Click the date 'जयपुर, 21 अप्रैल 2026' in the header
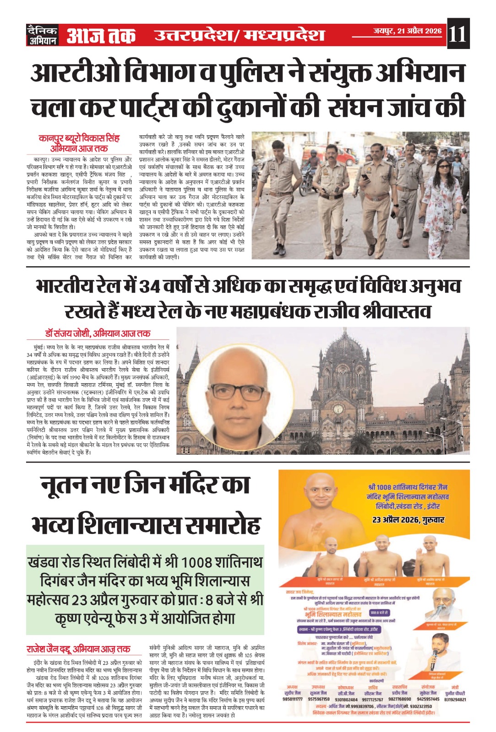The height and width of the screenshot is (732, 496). pyautogui.click(x=407, y=31)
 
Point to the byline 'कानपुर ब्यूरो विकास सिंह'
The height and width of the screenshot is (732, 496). pyautogui.click(x=79, y=138)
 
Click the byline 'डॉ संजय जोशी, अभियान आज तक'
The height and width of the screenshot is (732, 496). pyautogui.click(x=98, y=333)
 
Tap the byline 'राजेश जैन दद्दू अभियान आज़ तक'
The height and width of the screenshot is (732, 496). pyautogui.click(x=78, y=649)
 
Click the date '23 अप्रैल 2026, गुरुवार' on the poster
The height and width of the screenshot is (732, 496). pyautogui.click(x=408, y=520)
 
